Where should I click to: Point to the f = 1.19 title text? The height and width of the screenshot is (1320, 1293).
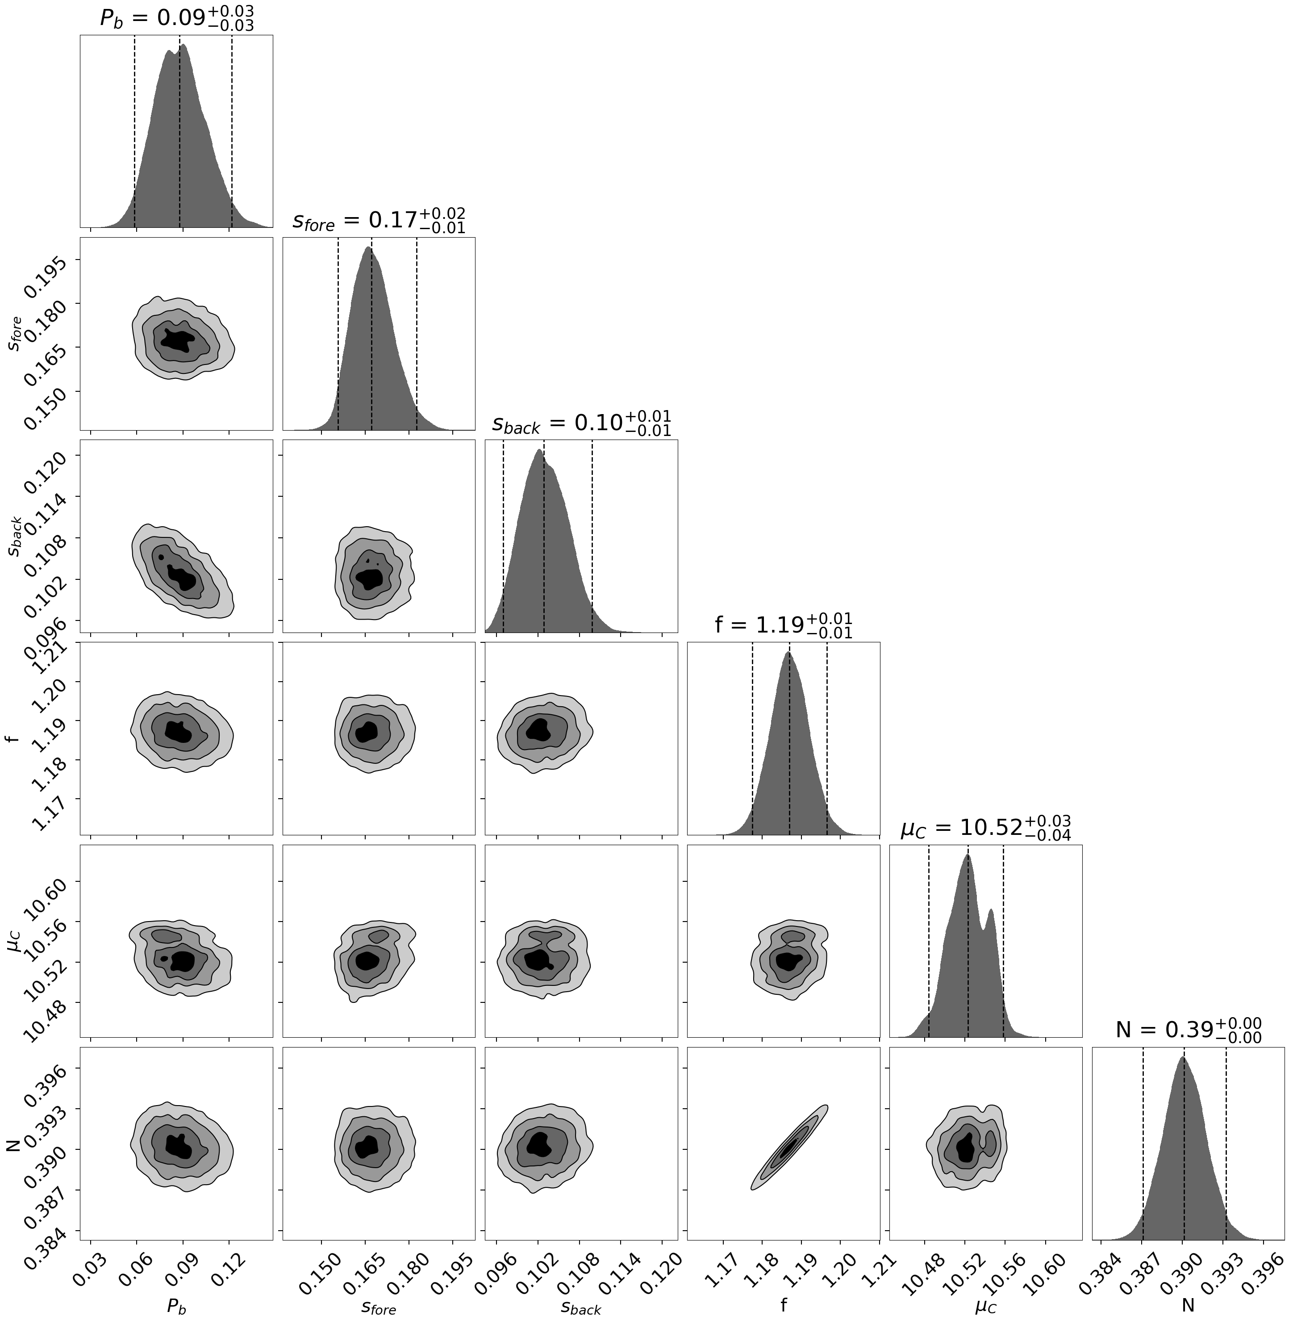click(783, 624)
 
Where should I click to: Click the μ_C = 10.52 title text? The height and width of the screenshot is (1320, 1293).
click(985, 828)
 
